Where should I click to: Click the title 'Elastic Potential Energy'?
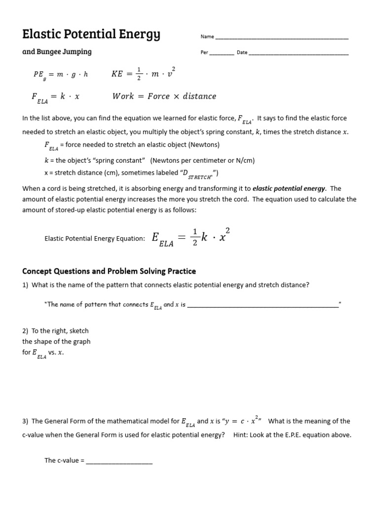[91, 34]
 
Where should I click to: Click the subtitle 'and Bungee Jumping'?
[57, 52]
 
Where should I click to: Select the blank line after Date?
[299, 53]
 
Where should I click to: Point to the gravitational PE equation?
[60, 74]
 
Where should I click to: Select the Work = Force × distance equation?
[164, 96]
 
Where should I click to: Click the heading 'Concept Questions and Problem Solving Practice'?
[109, 271]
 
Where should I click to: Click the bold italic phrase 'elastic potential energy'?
[289, 188]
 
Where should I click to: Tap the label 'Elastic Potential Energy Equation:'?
[95, 239]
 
